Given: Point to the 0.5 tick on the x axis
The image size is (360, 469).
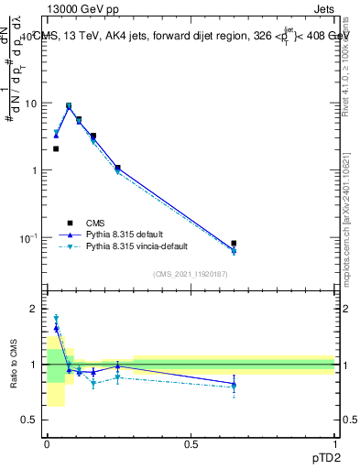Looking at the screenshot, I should click(x=191, y=443).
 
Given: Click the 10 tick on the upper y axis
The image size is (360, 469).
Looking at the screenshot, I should click(x=31, y=104).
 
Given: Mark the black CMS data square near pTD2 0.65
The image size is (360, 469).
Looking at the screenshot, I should click(x=234, y=244).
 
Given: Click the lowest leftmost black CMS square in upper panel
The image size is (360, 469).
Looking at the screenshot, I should click(x=56, y=148).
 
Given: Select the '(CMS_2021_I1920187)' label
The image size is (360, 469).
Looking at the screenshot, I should click(x=190, y=273).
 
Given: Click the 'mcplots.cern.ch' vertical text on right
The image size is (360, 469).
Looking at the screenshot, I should click(x=345, y=229).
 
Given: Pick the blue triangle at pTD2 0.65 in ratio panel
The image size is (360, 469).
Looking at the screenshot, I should click(x=234, y=384).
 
